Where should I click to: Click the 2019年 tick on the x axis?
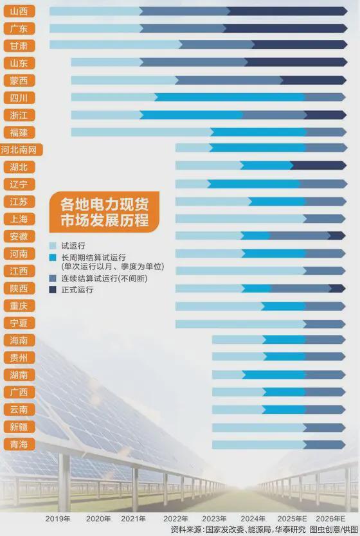point(59,518)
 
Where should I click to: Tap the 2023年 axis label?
point(214,518)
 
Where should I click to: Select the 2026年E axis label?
point(330,518)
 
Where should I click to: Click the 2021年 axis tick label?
point(133,518)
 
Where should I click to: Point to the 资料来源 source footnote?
point(264,530)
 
